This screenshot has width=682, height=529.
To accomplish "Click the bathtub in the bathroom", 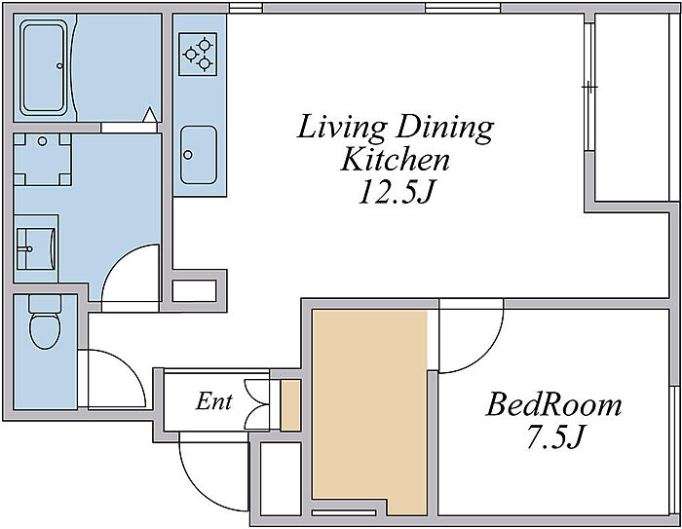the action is pyautogui.click(x=44, y=69).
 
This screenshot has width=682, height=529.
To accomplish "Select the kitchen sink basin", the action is pyautogui.click(x=199, y=155).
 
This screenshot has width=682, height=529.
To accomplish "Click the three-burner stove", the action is pyautogui.click(x=198, y=54).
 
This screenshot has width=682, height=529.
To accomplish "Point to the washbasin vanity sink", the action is pyautogui.click(x=36, y=248).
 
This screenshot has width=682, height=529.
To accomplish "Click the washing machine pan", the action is pyautogui.click(x=42, y=160).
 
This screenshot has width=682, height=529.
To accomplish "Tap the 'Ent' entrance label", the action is pyautogui.click(x=214, y=401).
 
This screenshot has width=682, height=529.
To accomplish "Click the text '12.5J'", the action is pyautogui.click(x=398, y=192).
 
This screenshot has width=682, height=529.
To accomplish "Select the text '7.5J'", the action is pyautogui.click(x=554, y=435).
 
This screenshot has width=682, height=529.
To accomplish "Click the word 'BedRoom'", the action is pyautogui.click(x=553, y=404).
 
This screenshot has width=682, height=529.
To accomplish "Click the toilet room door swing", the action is pyautogui.click(x=131, y=364).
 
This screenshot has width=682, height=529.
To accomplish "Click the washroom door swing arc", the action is pyautogui.click(x=114, y=265).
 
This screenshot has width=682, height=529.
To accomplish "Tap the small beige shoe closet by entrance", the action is pyautogui.click(x=290, y=405).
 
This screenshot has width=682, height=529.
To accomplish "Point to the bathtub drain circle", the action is pyautogui.click(x=59, y=66).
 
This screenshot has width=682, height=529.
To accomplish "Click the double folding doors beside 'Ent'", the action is pyautogui.click(x=257, y=405).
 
